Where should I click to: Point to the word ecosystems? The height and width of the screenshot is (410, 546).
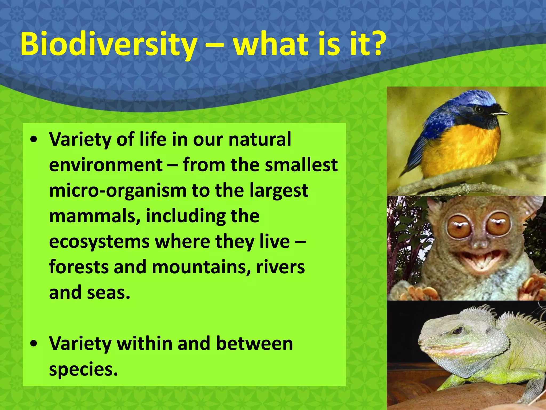[x=99, y=242]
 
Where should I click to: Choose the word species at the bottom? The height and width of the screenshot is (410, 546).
[x=83, y=369]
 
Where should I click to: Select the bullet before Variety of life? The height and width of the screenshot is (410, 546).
[x=34, y=140]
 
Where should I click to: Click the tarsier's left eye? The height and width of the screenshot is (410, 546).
[x=458, y=226]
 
